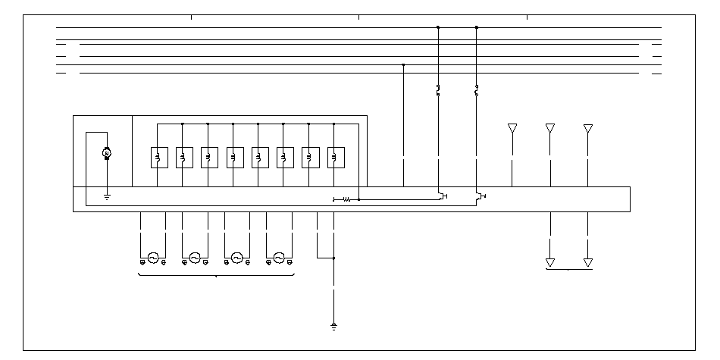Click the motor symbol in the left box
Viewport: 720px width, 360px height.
coord(107,154)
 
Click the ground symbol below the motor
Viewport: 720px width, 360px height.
coord(107,198)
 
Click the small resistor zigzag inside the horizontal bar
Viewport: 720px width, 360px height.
coord(346,199)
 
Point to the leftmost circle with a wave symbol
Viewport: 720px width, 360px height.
coord(153,258)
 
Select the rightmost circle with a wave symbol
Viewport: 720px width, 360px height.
coord(279,258)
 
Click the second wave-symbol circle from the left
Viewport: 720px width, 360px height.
coord(195,258)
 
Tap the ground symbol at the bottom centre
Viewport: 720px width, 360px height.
coord(333,327)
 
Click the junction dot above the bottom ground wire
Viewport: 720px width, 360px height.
coord(333,258)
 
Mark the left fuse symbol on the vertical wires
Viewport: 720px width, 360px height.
coord(438,92)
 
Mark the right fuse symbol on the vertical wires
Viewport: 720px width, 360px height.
coord(476,92)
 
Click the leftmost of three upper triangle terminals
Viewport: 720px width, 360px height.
coord(512,128)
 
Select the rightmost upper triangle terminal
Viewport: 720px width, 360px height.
coord(588,128)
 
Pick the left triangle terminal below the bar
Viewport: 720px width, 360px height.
coord(550,262)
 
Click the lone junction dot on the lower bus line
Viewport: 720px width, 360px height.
coord(403,64)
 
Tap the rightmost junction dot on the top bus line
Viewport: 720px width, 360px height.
coord(476,27)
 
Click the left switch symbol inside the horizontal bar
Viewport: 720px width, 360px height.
coord(441,196)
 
